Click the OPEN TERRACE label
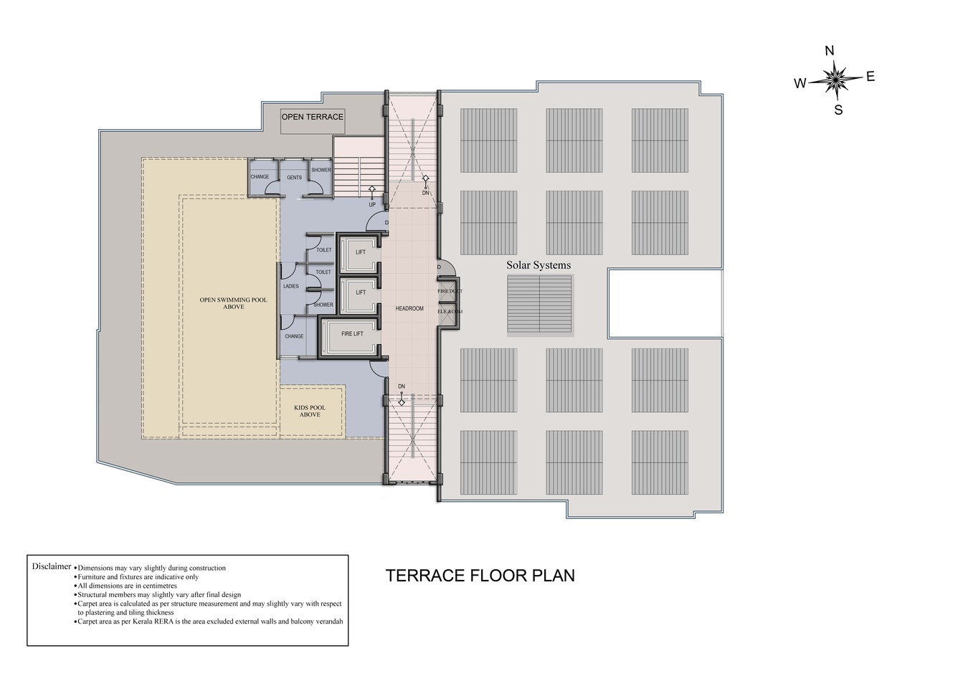(x=312, y=117)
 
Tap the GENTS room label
(x=294, y=177)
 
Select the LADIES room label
(x=290, y=286)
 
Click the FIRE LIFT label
(x=351, y=334)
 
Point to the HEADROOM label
(x=409, y=309)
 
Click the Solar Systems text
(x=539, y=265)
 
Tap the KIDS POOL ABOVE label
(x=310, y=411)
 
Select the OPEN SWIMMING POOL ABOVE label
(x=233, y=303)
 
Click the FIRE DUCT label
(x=450, y=291)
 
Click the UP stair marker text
(x=372, y=205)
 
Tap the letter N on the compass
(x=830, y=51)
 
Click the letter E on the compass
(x=871, y=77)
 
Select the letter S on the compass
(x=838, y=110)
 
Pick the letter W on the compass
(x=800, y=83)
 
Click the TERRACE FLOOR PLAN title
(x=480, y=576)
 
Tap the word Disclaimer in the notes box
(x=52, y=566)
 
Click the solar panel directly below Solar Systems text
(x=539, y=304)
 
